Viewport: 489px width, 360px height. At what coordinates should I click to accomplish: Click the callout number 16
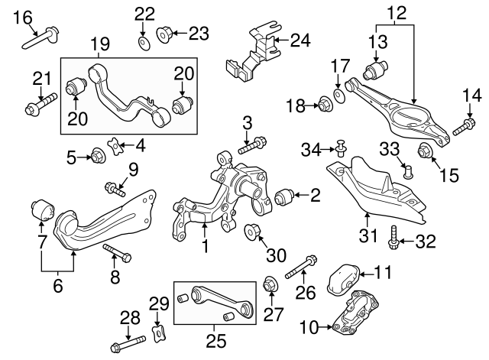click(x=24, y=16)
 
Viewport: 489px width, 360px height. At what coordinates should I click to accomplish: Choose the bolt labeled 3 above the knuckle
click(x=253, y=143)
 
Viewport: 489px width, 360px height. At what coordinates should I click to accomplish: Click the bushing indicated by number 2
click(x=285, y=196)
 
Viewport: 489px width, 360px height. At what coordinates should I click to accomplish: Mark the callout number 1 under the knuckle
click(x=205, y=247)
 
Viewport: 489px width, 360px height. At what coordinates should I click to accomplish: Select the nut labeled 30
click(x=251, y=229)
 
